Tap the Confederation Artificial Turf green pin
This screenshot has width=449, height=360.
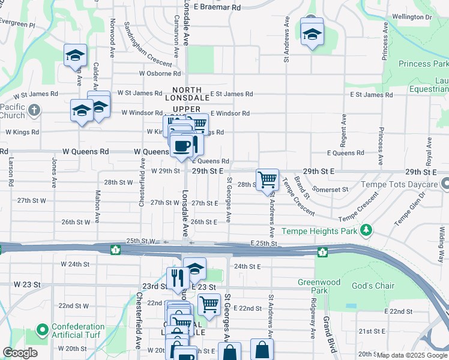[x=42, y=330]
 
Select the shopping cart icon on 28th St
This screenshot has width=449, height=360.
[x=267, y=179]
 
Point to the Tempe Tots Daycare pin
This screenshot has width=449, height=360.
[x=444, y=184]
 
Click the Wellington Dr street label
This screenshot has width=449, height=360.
[x=412, y=17]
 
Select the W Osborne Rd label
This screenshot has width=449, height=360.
[x=160, y=74]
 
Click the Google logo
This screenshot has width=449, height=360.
[x=20, y=353]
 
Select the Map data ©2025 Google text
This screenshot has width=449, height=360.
[x=412, y=355]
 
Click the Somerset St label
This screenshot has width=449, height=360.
[x=330, y=190]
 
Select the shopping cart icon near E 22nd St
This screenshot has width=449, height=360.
[x=209, y=304]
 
